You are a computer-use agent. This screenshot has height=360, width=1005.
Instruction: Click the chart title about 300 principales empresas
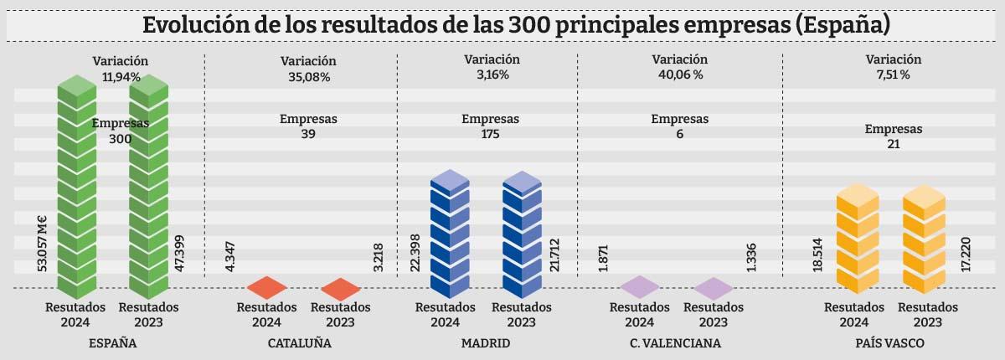(x=502, y=23)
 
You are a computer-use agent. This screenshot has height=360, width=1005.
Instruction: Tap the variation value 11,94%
(x=121, y=76)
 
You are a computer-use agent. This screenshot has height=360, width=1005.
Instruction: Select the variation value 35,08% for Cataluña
(x=308, y=77)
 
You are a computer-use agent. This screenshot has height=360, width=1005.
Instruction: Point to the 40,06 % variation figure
(x=679, y=75)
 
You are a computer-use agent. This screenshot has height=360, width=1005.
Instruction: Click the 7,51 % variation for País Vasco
(x=893, y=75)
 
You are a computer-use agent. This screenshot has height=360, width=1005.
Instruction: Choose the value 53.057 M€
(x=42, y=243)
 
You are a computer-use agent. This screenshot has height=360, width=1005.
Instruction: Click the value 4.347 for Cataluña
(x=230, y=255)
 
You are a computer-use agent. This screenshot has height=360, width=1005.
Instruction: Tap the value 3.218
(x=379, y=258)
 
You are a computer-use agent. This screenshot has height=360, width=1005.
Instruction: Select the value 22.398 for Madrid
(x=415, y=252)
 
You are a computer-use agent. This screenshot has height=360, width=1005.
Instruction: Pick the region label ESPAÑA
(x=112, y=343)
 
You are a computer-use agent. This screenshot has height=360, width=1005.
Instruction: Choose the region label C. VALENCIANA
(x=675, y=343)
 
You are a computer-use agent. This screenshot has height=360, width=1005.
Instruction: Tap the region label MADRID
(x=486, y=343)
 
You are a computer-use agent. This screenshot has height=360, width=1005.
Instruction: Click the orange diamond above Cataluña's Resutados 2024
(x=266, y=287)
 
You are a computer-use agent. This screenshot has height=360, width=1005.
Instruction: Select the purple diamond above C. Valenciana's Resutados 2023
(x=714, y=288)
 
